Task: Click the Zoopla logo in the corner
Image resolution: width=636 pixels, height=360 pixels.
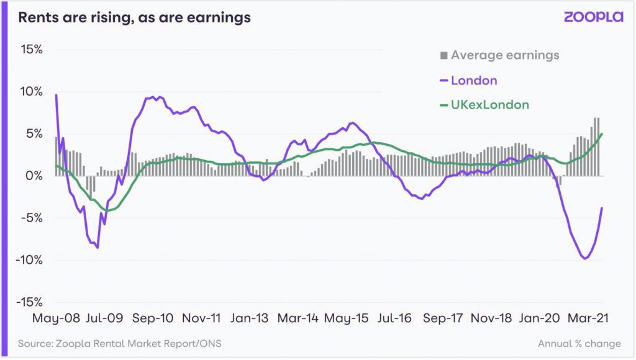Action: click(593, 17)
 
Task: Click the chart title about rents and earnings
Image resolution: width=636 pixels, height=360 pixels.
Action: click(134, 17)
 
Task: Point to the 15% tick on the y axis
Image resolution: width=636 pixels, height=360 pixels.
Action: click(30, 49)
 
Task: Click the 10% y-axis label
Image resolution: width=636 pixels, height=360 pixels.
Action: click(30, 91)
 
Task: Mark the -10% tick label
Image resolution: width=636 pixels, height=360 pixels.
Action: click(27, 260)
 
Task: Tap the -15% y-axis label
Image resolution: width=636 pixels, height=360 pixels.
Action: click(27, 302)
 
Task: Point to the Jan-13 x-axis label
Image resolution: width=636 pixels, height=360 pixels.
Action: click(248, 318)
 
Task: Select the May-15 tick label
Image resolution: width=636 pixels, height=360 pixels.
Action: click(345, 318)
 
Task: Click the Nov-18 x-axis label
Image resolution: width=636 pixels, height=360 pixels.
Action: click(490, 318)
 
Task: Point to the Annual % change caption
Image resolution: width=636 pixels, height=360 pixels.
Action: click(579, 343)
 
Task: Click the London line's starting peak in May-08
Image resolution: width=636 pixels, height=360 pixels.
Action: click(57, 95)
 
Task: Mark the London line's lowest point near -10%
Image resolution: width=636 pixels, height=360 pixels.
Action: click(584, 258)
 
